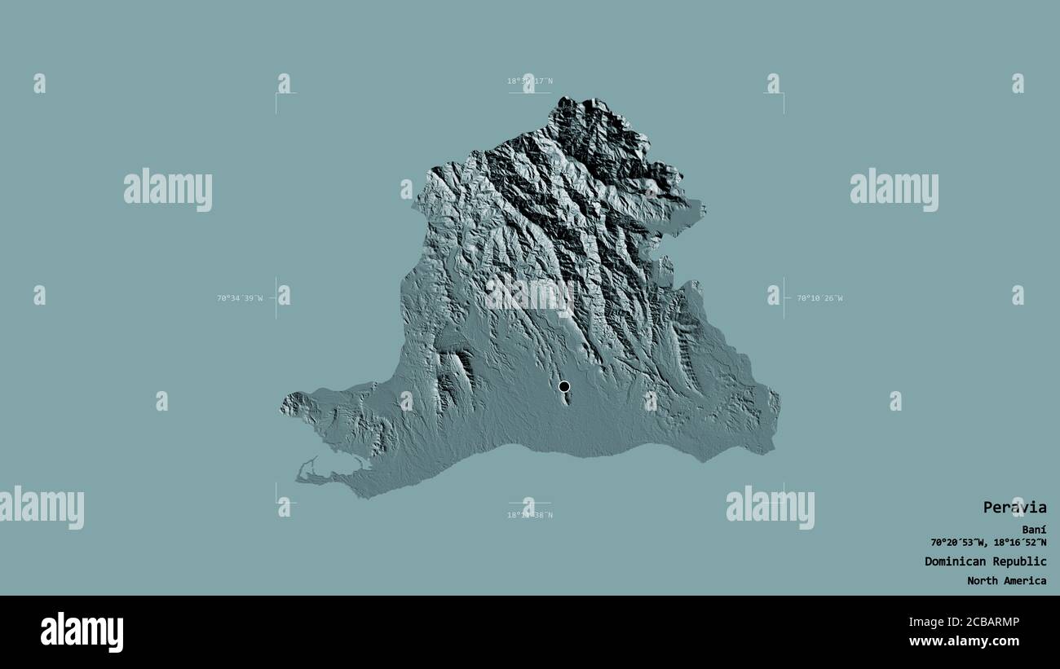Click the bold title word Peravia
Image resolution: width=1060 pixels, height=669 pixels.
(x=1014, y=508)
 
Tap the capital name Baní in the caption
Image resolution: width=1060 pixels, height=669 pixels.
(x=1034, y=530)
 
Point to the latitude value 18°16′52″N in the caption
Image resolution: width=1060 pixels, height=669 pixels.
(x=1019, y=543)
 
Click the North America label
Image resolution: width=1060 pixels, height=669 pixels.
(x=1006, y=581)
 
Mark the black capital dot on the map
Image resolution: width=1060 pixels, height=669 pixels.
(x=563, y=386)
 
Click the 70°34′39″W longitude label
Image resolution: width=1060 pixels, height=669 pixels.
(x=240, y=298)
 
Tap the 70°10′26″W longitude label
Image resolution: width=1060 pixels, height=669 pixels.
(x=819, y=298)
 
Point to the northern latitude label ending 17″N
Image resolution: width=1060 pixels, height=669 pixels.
(x=530, y=81)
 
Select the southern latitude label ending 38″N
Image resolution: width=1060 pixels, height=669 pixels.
(x=530, y=515)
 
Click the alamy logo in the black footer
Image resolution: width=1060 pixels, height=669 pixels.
(x=82, y=632)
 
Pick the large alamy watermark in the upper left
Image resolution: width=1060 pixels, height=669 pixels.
(x=168, y=189)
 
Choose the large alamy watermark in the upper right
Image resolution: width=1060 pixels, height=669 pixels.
(x=894, y=189)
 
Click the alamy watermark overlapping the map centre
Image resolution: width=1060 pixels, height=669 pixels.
(x=530, y=294)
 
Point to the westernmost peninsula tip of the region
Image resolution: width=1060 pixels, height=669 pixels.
(x=282, y=404)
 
